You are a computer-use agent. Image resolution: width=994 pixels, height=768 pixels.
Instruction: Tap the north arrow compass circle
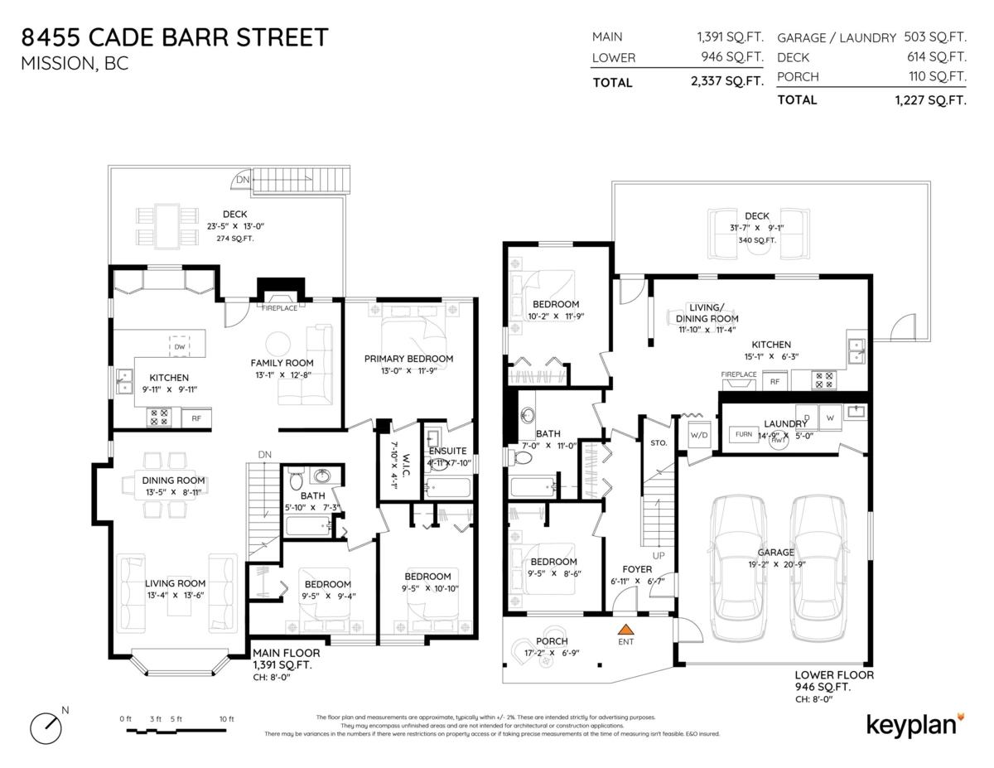(x=46, y=727)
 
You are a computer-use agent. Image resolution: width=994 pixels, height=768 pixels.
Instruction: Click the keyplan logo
(x=914, y=723)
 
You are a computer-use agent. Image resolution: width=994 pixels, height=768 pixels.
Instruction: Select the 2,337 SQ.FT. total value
(x=726, y=82)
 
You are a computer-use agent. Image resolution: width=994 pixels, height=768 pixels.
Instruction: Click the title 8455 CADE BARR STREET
(x=175, y=37)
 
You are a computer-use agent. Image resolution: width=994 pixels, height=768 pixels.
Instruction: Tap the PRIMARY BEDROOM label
(x=408, y=359)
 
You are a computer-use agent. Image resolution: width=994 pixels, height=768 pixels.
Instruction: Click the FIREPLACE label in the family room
(x=279, y=308)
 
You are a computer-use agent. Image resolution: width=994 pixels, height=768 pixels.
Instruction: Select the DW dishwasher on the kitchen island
(x=179, y=346)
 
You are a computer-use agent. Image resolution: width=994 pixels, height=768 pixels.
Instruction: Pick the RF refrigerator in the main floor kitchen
(x=196, y=418)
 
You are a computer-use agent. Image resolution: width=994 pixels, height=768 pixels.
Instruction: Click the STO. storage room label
(x=659, y=442)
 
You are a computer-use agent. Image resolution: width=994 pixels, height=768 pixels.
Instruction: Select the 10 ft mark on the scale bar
(x=226, y=719)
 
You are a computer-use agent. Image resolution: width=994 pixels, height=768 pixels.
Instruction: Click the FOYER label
(x=637, y=569)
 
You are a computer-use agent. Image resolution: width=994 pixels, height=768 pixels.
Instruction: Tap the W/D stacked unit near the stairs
(x=698, y=434)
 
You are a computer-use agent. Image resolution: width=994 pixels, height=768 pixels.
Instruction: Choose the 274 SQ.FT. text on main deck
(x=234, y=239)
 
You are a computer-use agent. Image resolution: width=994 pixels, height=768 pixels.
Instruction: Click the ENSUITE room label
(x=447, y=451)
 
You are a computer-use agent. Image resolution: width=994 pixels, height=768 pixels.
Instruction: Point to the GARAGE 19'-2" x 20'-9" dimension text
(x=775, y=563)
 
